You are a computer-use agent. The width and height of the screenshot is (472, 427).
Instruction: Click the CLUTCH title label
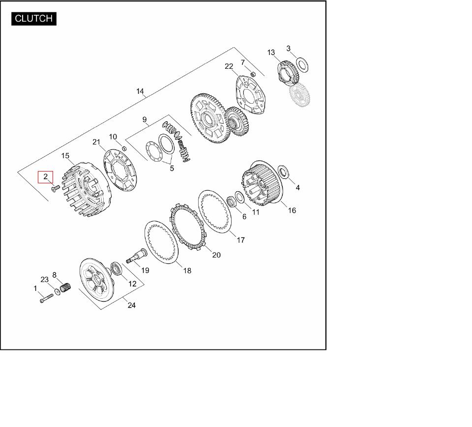[34, 19]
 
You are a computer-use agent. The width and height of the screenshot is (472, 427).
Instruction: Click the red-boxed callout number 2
[45, 176]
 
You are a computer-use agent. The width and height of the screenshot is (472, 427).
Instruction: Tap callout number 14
[140, 91]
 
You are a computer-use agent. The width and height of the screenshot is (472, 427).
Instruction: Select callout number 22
[229, 66]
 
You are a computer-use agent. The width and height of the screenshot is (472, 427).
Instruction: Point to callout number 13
[271, 53]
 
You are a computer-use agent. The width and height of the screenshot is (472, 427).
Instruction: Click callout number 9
[145, 120]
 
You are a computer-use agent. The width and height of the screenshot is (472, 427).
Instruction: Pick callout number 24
[132, 305]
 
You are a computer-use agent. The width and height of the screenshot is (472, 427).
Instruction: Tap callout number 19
[145, 270]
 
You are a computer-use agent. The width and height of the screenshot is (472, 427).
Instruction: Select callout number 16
[292, 210]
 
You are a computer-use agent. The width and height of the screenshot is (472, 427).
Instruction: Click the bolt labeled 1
[46, 298]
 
